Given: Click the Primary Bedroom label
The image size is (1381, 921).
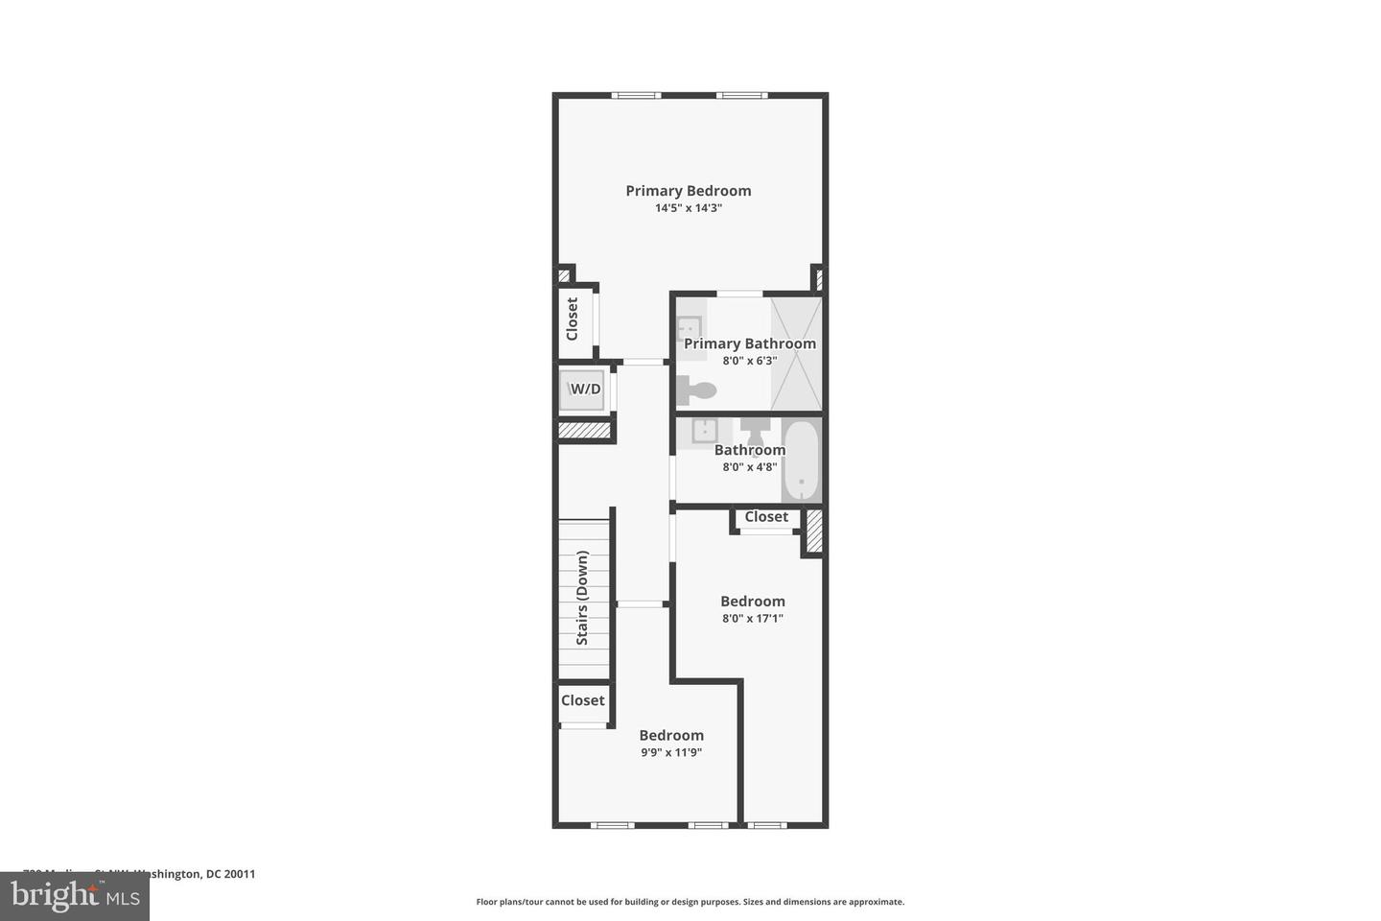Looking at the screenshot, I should (688, 191).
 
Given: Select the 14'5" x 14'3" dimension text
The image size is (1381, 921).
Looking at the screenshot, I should (688, 208).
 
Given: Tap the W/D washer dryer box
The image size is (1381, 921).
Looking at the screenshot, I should (583, 390).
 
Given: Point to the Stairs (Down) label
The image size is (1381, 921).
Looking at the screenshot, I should (582, 597).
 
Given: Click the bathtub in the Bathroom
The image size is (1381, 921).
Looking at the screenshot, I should (801, 460).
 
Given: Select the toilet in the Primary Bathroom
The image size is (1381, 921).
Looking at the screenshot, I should (697, 390).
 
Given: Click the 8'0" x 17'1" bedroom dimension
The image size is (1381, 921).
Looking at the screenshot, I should (753, 619).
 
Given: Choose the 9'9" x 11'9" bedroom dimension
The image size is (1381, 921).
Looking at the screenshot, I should (671, 753).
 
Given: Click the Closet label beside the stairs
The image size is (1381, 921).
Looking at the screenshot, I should (583, 700).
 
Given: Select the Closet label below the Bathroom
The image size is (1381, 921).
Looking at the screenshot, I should (766, 517).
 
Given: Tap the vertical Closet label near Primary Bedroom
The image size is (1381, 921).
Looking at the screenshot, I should (573, 319).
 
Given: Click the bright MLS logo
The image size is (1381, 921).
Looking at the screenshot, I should (74, 896).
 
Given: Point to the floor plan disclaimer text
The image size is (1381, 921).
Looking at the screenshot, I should (690, 902).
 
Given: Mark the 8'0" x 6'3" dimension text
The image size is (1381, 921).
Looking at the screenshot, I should (750, 362).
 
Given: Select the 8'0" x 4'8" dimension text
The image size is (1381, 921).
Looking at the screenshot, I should (750, 467).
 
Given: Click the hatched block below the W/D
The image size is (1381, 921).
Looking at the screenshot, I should (585, 432).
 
